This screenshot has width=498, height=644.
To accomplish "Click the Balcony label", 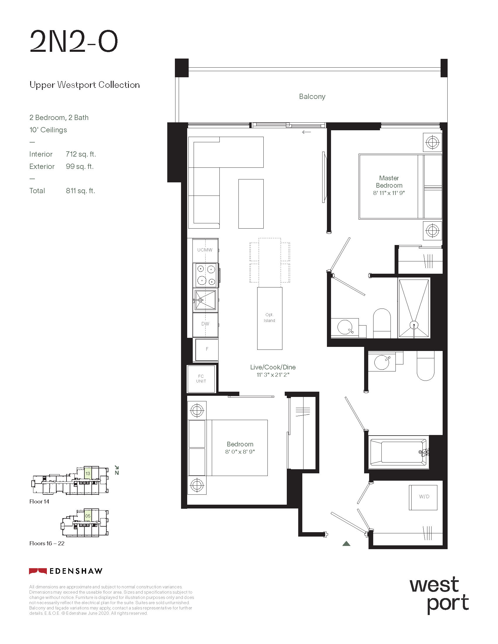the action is coord(312,96).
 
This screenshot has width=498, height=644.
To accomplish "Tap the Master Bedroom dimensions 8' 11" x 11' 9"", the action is coord(389,193).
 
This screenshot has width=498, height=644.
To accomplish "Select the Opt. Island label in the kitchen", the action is coord(269,318).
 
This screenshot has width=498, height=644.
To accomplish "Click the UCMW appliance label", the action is coord(205,250).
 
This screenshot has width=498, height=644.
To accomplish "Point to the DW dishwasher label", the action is coord(205,324).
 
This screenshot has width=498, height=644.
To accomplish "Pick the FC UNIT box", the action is coord(201,378).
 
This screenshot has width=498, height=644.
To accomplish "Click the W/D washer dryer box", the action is coord(423,497).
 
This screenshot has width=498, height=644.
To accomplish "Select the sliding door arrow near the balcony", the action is coord(306,132).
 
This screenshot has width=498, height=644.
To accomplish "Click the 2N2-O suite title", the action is coord(74,42).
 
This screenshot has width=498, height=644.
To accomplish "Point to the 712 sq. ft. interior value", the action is coord(81,154).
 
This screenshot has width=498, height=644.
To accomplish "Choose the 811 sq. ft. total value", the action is coord(80,191).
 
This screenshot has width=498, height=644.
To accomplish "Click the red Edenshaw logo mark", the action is coord(38,571).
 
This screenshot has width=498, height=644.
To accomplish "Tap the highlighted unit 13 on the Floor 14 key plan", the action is coord(88,473).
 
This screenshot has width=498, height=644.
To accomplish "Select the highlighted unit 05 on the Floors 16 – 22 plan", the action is coord(88,516).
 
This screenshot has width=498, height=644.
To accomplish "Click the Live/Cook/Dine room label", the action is coord(273,367).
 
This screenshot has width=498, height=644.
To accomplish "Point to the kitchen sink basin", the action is coord(205,300).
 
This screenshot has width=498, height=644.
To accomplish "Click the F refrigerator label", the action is coord(207,349).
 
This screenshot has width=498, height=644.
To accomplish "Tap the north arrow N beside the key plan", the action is coord(117,470).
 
